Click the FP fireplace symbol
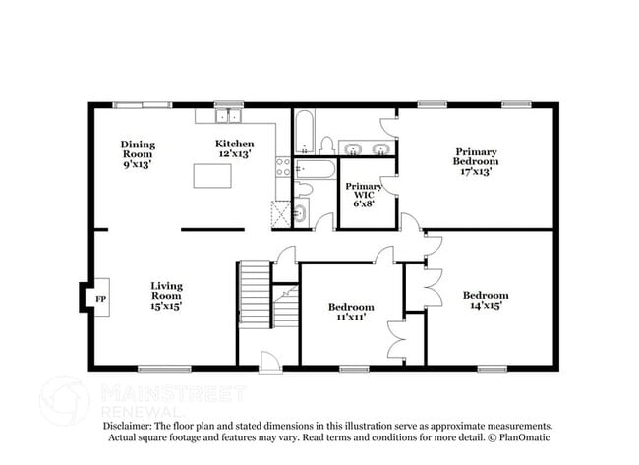click(x=98, y=296)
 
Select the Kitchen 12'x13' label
click(x=235, y=149)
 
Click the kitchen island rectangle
click(x=212, y=176)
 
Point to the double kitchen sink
click(x=228, y=116)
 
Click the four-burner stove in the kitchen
click(x=283, y=167)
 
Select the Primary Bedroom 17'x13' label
click(x=476, y=161)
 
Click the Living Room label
click(x=166, y=296)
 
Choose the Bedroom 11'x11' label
click(x=351, y=312)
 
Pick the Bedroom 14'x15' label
click(x=486, y=301)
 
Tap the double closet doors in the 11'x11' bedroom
click(x=396, y=339)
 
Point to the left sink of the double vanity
click(x=352, y=149)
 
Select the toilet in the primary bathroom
click(x=326, y=145)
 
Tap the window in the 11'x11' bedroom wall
click(x=353, y=369)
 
